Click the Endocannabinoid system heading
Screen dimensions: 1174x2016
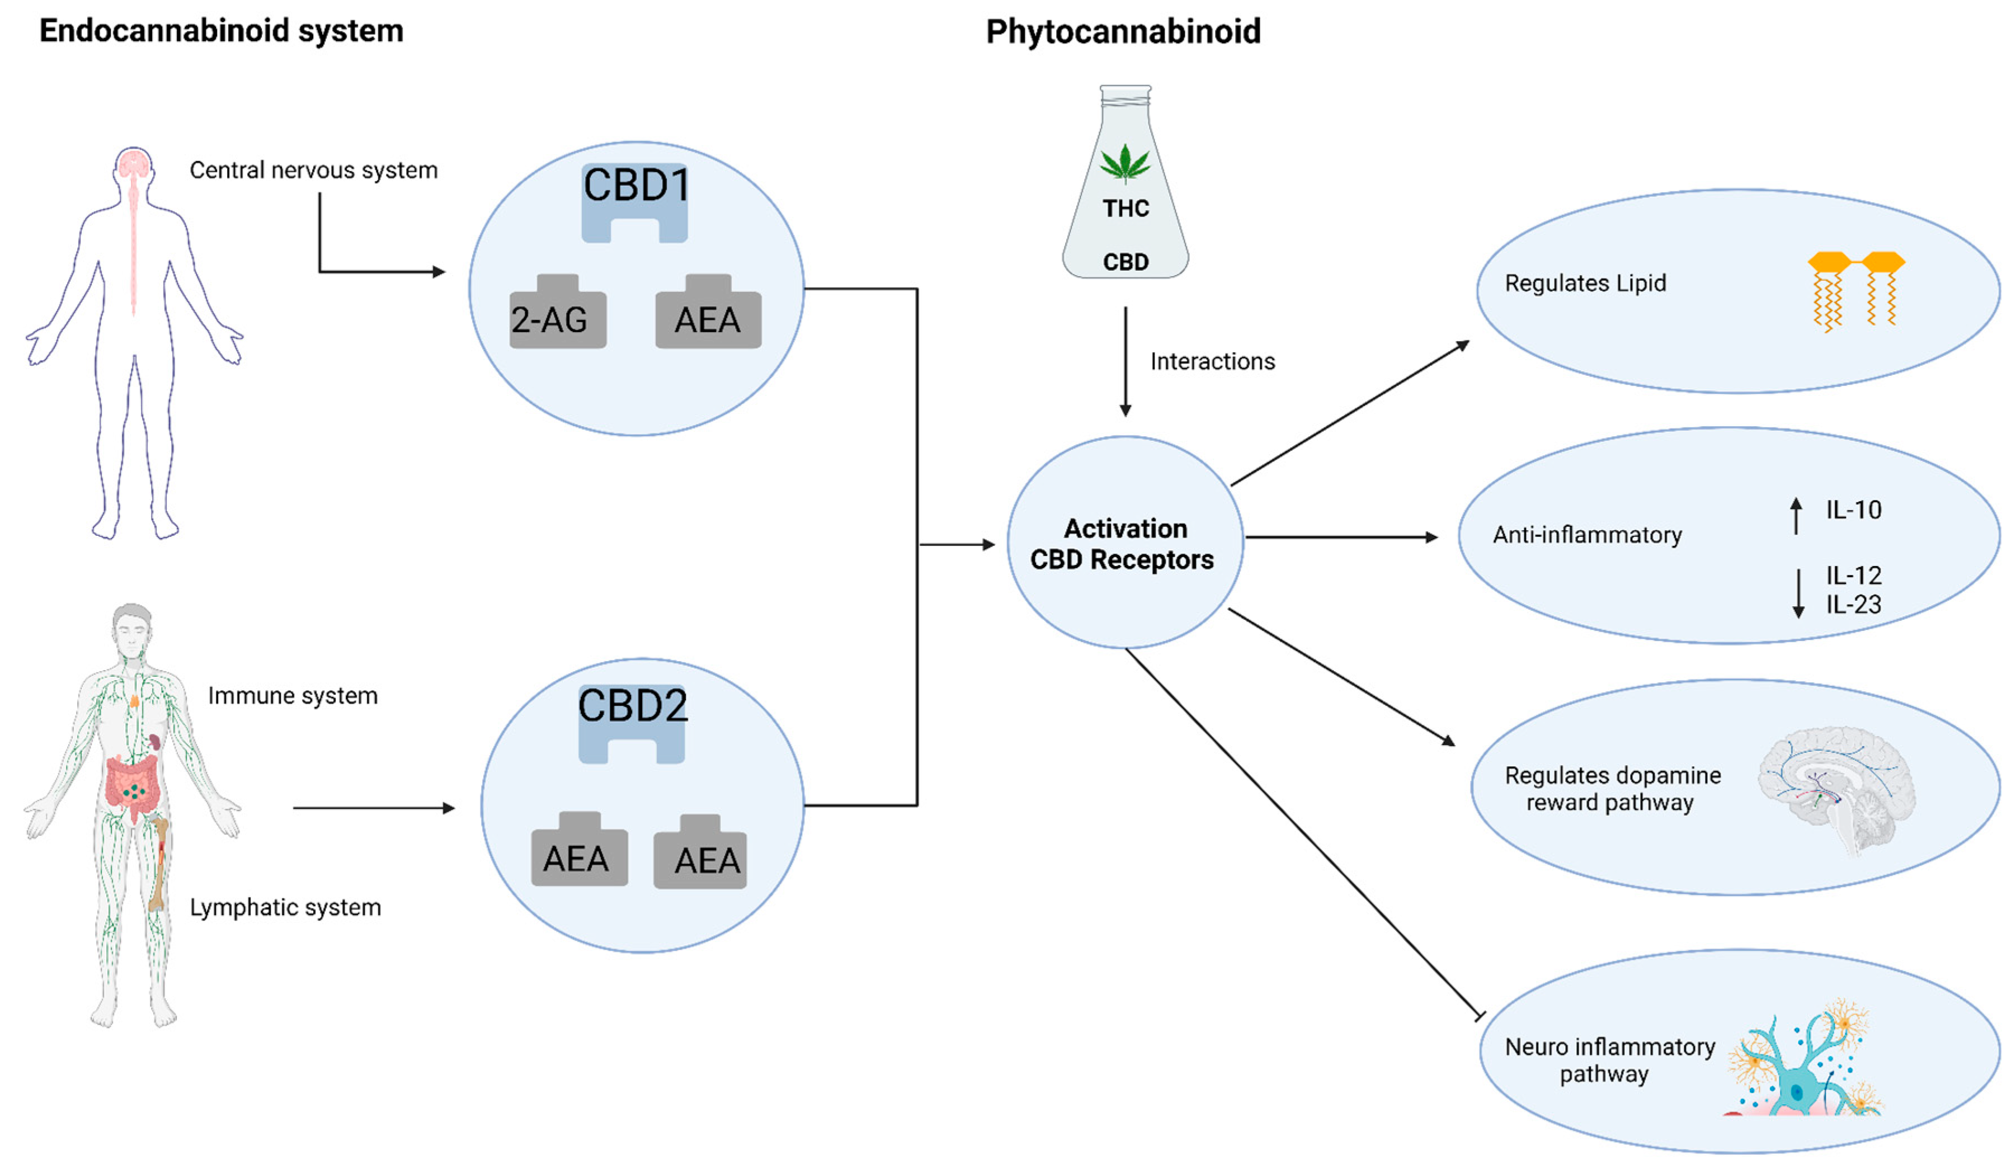(x=222, y=31)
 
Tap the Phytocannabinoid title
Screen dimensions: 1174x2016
(x=1123, y=32)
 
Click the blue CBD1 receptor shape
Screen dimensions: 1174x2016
(x=634, y=204)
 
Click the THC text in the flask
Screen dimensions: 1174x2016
(x=1125, y=209)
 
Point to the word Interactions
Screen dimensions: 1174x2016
(x=1212, y=361)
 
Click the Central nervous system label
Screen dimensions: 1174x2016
(x=314, y=171)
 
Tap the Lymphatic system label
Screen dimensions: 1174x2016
(x=285, y=908)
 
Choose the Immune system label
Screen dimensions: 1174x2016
(x=293, y=696)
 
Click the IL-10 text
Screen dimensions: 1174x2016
(x=1854, y=510)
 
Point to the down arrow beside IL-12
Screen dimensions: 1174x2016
(x=1798, y=593)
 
